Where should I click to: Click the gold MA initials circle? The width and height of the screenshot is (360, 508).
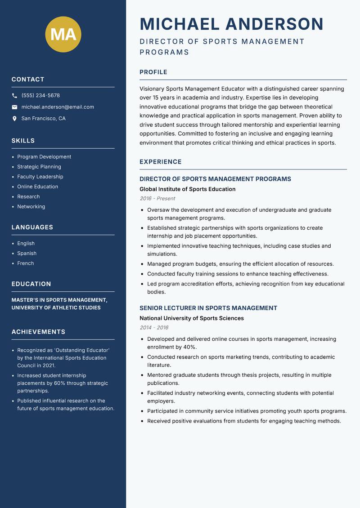point(63,34)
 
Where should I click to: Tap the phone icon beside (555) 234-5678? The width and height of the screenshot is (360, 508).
point(14,96)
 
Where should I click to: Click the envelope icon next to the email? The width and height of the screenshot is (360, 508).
point(14,107)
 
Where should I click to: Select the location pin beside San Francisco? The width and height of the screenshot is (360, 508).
point(14,119)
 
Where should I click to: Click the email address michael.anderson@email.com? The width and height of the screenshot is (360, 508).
point(58,107)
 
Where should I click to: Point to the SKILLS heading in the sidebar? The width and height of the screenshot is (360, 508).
point(23,141)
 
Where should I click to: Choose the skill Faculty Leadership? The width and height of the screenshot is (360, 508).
point(40,177)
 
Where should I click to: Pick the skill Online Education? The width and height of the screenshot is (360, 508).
point(37,187)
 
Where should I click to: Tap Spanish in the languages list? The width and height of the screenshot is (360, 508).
point(27,253)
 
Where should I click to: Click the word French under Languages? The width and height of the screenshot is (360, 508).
point(26,263)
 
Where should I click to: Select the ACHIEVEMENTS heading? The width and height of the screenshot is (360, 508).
point(38,332)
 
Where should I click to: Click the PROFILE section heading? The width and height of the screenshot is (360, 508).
point(153,72)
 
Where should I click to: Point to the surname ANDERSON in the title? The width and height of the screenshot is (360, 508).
point(274,24)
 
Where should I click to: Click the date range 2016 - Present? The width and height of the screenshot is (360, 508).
point(157,198)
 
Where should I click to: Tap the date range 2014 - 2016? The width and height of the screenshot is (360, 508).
point(154,327)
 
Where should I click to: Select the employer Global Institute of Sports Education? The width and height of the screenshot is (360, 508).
point(187,189)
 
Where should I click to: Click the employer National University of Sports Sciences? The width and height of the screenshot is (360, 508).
point(191,318)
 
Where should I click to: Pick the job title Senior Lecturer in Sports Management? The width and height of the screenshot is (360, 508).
point(208,308)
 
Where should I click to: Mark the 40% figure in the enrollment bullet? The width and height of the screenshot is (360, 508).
point(190,347)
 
